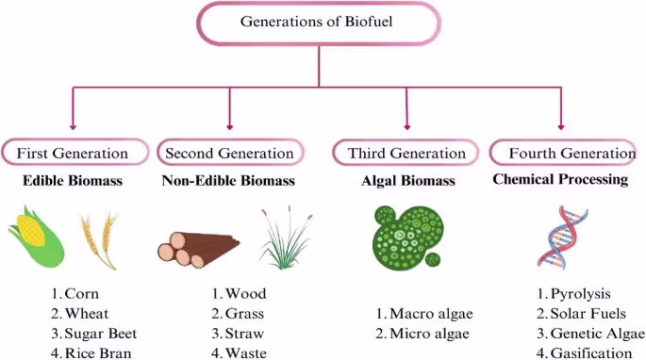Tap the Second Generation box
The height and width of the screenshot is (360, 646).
point(229,153)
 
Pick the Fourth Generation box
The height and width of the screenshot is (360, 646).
point(562,153)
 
